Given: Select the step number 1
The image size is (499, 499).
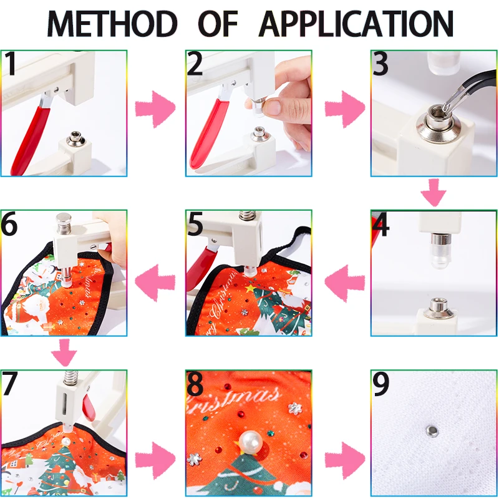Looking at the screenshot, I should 11,64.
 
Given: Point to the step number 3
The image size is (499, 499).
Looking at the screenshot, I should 381,64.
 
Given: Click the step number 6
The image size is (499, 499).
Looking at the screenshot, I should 11,225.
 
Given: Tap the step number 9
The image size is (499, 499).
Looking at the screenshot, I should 381,385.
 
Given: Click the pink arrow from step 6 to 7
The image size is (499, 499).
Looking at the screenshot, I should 64,353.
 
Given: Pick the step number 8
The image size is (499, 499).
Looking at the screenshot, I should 195,385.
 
